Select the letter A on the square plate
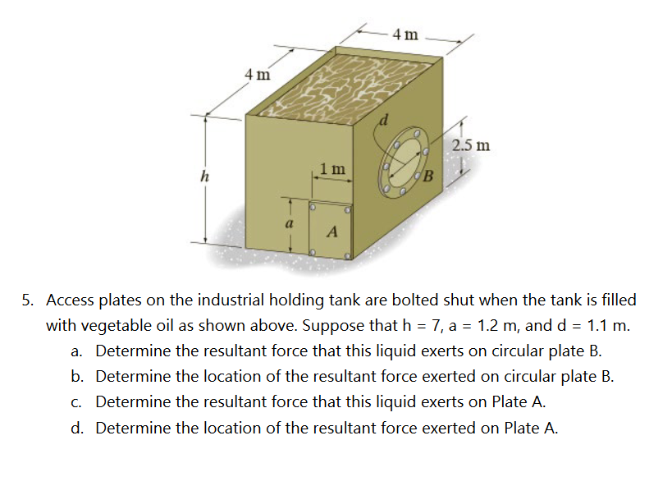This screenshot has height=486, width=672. coord(331,232)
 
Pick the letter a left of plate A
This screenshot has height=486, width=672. coord(288,222)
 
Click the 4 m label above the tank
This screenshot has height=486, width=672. coord(405,34)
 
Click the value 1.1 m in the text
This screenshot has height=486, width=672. coord(605,324)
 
